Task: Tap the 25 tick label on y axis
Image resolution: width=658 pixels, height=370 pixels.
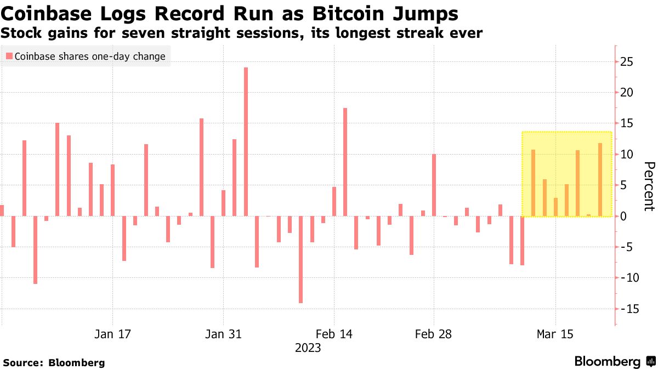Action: point(627,62)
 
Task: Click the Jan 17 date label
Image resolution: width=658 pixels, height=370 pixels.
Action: point(112,334)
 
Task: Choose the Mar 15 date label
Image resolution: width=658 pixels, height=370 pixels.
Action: point(555,334)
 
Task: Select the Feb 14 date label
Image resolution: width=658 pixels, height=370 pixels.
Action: point(334,334)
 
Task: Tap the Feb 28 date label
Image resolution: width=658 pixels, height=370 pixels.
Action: point(434,334)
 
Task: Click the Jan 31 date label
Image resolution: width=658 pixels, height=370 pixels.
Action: point(223,334)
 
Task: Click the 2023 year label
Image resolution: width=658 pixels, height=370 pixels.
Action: point(308,348)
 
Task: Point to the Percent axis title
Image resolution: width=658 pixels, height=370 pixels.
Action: point(649,186)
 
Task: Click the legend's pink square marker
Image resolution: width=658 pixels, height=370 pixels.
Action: point(9,56)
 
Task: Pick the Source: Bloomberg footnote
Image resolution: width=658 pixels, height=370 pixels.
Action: point(54,363)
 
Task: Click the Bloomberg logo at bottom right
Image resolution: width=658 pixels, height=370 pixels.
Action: point(614,362)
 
